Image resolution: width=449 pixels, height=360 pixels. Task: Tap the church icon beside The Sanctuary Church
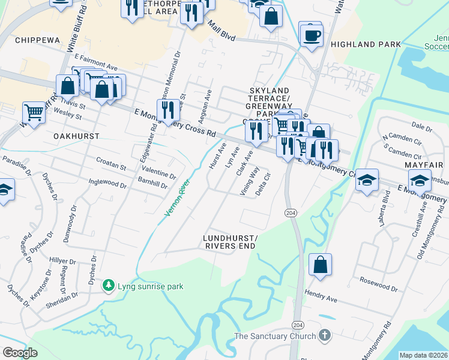pos(325,336)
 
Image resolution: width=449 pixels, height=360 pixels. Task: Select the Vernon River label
pos(178,198)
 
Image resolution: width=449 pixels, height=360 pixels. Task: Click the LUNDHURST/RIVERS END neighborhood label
pos(231,242)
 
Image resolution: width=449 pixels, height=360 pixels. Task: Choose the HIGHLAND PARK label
pos(366,44)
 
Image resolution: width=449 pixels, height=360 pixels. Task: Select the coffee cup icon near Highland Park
pos(311,34)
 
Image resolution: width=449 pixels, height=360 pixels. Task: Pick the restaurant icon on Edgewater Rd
pos(168,110)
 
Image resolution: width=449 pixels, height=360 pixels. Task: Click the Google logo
pos(20,352)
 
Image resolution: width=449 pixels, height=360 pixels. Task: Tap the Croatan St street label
pos(111,161)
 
